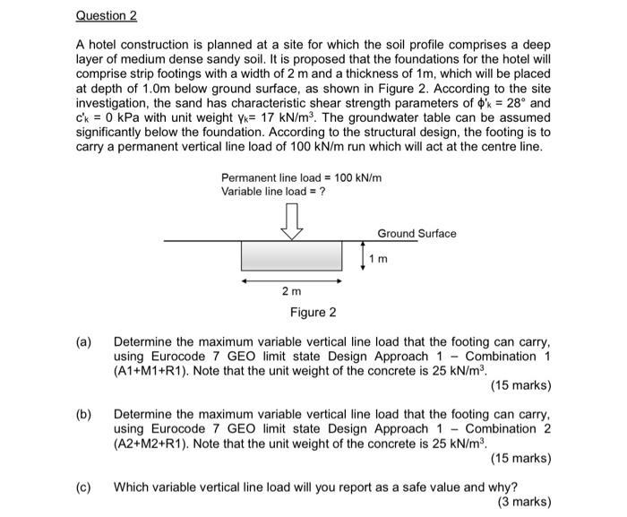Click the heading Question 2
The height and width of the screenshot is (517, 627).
[107, 16]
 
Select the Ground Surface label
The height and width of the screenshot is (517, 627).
[417, 233]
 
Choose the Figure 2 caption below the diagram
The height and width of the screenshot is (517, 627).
[313, 313]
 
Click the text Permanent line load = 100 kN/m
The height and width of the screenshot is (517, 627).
[302, 177]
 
